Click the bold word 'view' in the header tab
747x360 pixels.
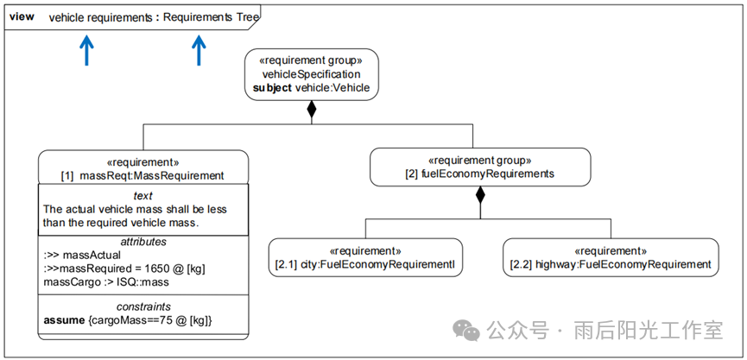coord(22,17)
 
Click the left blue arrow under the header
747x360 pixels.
coord(85,51)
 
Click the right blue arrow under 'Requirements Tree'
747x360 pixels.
coord(199,51)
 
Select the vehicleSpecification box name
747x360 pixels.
coord(311,74)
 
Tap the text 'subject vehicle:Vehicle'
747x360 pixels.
coord(311,87)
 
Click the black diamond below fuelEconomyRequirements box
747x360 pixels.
coord(480,194)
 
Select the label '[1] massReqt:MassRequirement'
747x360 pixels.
coord(142,175)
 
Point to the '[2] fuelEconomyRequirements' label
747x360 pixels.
coord(480,174)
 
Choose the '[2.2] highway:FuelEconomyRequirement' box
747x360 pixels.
coord(611,257)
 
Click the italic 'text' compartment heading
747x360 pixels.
coord(142,196)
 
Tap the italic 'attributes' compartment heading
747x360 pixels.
coord(142,242)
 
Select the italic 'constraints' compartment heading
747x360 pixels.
coord(142,306)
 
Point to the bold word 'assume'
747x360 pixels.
coord(63,320)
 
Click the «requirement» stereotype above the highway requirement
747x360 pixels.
coord(611,250)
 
